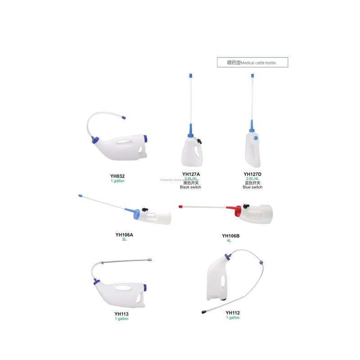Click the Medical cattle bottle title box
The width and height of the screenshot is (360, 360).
252,63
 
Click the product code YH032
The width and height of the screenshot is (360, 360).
117,176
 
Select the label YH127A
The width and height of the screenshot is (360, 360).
192,174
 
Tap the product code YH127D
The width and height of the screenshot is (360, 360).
252,174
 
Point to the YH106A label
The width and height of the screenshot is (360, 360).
124,234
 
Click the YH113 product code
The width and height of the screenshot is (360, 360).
121,314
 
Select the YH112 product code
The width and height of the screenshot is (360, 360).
233,313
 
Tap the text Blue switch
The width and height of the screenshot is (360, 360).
252,187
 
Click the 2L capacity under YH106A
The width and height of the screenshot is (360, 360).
124,239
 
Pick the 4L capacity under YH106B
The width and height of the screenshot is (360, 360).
229,241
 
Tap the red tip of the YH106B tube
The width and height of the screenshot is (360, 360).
180,207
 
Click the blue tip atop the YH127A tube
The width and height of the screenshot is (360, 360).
190,76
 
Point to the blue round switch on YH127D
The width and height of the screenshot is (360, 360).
256,139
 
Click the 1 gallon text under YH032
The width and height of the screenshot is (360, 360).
117,181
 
